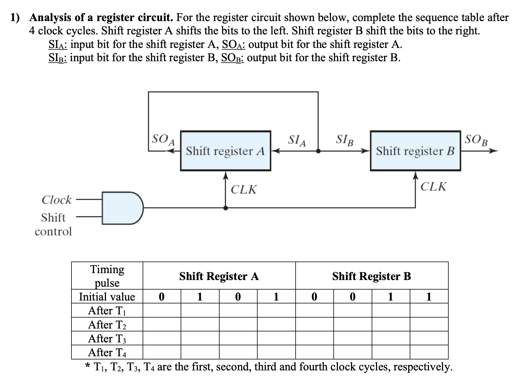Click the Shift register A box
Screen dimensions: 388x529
225,151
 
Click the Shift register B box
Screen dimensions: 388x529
415,151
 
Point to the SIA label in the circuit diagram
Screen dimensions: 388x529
297,141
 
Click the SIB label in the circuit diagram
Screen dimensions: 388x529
345,141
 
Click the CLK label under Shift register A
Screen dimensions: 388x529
243,190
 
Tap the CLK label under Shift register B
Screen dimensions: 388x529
433,187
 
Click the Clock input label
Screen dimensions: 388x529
56,200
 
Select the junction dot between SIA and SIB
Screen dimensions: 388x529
318,151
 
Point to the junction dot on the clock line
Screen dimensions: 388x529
226,208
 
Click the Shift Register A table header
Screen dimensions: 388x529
219,276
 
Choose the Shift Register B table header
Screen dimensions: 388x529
372,276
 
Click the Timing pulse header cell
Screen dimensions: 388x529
107,276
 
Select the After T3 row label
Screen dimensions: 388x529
107,338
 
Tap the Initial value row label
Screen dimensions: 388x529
107,296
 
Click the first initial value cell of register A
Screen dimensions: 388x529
162,296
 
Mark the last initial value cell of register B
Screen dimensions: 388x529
429,296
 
